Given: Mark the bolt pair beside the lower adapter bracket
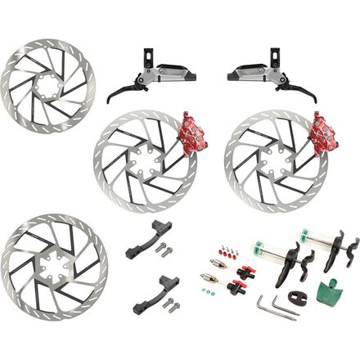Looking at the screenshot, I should pos(170,305).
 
